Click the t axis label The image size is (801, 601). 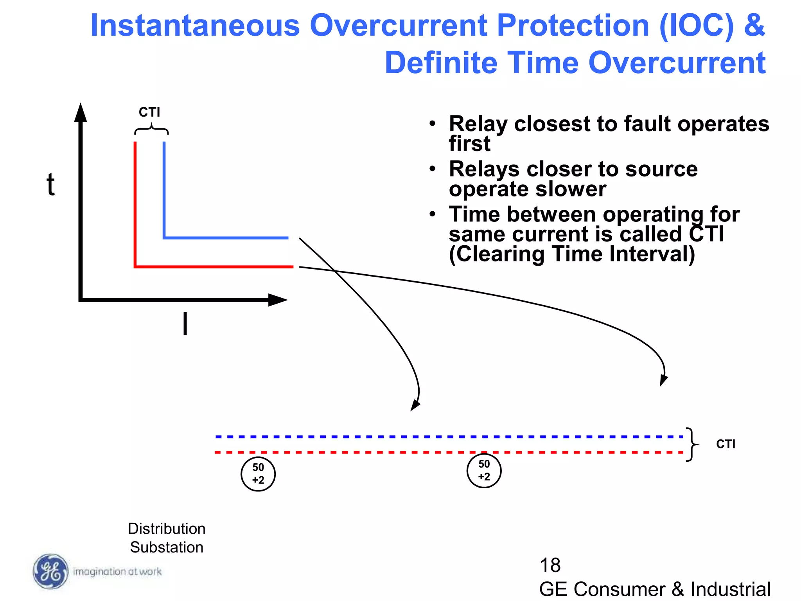click(x=50, y=184)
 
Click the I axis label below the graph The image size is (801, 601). click(x=185, y=324)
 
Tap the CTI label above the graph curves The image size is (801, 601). click(x=149, y=112)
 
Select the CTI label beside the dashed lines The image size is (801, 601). click(x=726, y=444)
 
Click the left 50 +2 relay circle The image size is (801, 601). click(x=258, y=474)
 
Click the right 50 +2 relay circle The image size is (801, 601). click(x=484, y=470)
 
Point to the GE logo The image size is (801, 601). click(x=50, y=572)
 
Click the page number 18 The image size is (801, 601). click(x=550, y=565)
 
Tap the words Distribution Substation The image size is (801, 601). click(x=167, y=538)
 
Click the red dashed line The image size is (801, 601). click(x=352, y=452)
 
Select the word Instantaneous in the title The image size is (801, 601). click(x=195, y=26)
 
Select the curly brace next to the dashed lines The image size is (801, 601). click(x=692, y=444)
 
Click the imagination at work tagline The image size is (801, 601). click(x=117, y=572)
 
